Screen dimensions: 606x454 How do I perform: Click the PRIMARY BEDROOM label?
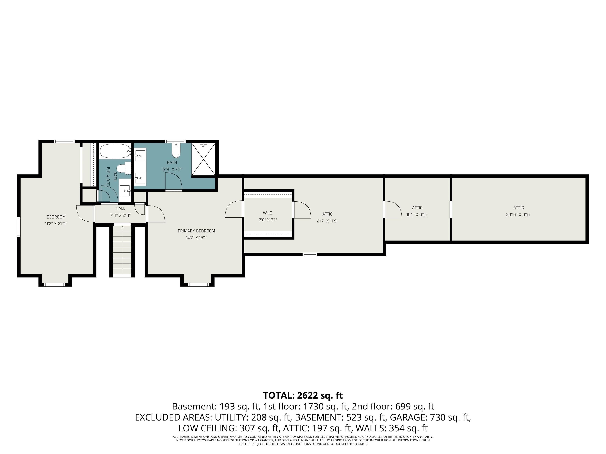(x=196, y=231)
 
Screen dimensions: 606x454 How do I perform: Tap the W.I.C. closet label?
(x=268, y=213)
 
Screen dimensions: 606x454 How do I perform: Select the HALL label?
(x=120, y=208)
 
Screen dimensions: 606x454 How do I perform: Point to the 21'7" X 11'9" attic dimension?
(x=327, y=221)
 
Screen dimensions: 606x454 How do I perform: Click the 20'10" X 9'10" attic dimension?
(x=518, y=215)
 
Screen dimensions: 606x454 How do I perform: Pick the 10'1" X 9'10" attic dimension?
(x=417, y=215)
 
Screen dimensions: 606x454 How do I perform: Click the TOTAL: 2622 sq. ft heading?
(x=303, y=395)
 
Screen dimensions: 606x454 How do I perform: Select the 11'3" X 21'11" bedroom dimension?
(x=56, y=224)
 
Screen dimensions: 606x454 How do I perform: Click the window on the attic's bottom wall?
(x=310, y=255)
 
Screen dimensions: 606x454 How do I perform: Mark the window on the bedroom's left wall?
(x=19, y=227)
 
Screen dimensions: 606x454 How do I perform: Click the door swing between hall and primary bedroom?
(x=156, y=214)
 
